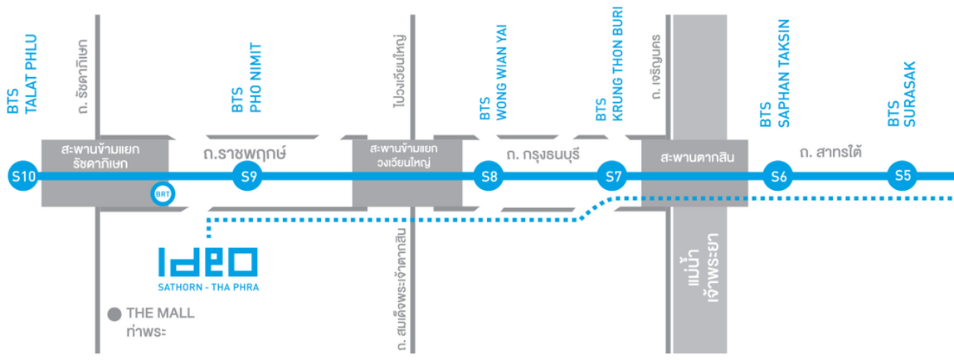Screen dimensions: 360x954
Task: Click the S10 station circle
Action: pos(22,176)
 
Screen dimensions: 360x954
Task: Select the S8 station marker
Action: pos(488,176)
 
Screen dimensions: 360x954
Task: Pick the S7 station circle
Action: pos(614,176)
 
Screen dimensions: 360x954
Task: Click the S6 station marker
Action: pos(777,176)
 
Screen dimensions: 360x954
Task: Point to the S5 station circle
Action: pos(903,176)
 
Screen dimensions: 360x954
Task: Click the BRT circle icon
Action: pos(162,194)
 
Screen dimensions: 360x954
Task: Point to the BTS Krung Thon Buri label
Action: pos(609,66)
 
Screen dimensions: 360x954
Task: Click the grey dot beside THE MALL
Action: pos(114,314)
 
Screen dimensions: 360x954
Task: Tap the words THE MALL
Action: pos(159,314)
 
